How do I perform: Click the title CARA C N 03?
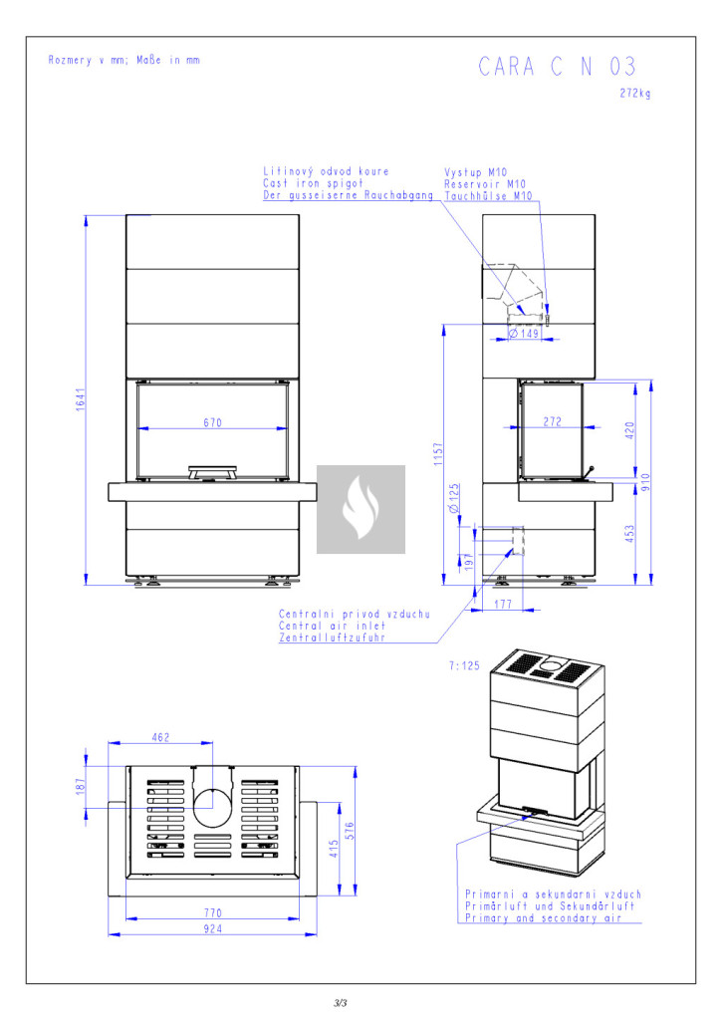coord(557,67)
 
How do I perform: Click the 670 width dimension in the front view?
coord(212,423)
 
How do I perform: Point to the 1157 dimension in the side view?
coord(438,453)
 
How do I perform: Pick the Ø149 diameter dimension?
coord(523,334)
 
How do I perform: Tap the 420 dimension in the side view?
coord(628,430)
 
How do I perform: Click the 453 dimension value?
coord(628,533)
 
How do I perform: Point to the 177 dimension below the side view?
coord(502,604)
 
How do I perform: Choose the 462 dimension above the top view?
coord(160,737)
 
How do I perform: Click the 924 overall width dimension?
coord(212,929)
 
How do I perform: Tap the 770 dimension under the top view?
coord(212,912)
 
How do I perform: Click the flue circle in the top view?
coord(211,806)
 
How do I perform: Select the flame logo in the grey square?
coord(361,509)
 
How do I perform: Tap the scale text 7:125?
coord(466,664)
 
